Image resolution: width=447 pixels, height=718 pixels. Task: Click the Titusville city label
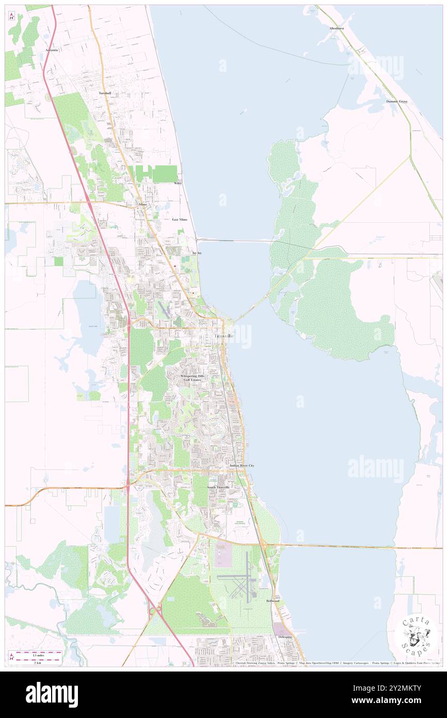223,336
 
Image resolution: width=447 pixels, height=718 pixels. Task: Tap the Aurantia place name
52,50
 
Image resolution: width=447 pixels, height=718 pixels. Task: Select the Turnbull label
105,93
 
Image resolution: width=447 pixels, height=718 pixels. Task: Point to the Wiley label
178,183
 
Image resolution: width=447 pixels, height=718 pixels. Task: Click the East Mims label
180,220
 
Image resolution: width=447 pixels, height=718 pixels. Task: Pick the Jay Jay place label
197,253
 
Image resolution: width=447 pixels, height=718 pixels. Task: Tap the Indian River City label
242,465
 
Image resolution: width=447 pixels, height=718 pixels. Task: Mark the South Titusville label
218,487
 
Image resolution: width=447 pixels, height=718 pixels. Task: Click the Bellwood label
273,601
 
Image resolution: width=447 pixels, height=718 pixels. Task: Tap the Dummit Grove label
396,101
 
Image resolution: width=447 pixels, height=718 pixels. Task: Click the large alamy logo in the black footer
52,695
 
